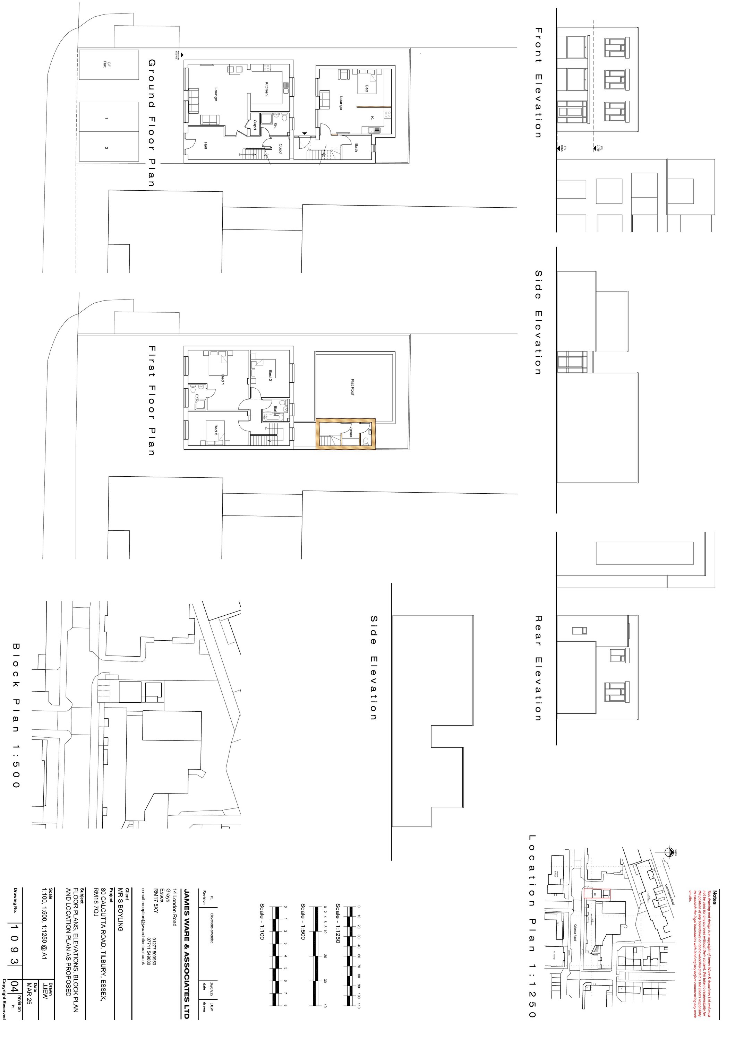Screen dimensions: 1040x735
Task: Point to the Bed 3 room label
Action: click(x=216, y=430)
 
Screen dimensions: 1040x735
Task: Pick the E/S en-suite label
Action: click(x=197, y=397)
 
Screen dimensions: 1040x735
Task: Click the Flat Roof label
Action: click(x=352, y=387)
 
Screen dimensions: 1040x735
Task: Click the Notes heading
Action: click(x=715, y=897)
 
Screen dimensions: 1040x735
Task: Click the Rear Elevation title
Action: click(x=538, y=668)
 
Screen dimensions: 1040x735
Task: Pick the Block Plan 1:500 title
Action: click(x=16, y=715)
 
